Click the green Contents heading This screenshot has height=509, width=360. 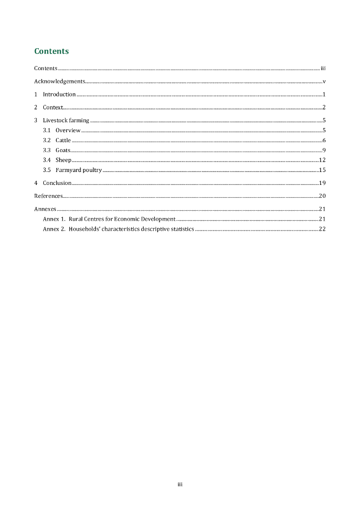(51, 51)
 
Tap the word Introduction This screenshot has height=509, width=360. (59, 94)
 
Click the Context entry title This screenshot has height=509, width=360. (53, 107)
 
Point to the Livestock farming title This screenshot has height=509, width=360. (66, 120)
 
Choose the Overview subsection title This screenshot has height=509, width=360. (68, 130)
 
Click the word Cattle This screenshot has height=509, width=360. (63, 140)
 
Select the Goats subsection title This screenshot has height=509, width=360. (63, 150)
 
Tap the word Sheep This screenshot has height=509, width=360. (63, 160)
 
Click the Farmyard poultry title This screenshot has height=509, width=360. (79, 170)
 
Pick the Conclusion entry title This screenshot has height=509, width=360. (57, 183)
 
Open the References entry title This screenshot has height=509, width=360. (48, 196)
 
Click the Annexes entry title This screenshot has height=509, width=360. (45, 209)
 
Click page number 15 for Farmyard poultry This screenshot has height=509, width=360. (322, 170)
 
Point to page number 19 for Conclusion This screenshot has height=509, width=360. (322, 183)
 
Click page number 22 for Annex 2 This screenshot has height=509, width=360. (322, 229)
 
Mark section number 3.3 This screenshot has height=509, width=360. (47, 150)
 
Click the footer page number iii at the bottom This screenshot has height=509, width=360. (180, 484)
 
